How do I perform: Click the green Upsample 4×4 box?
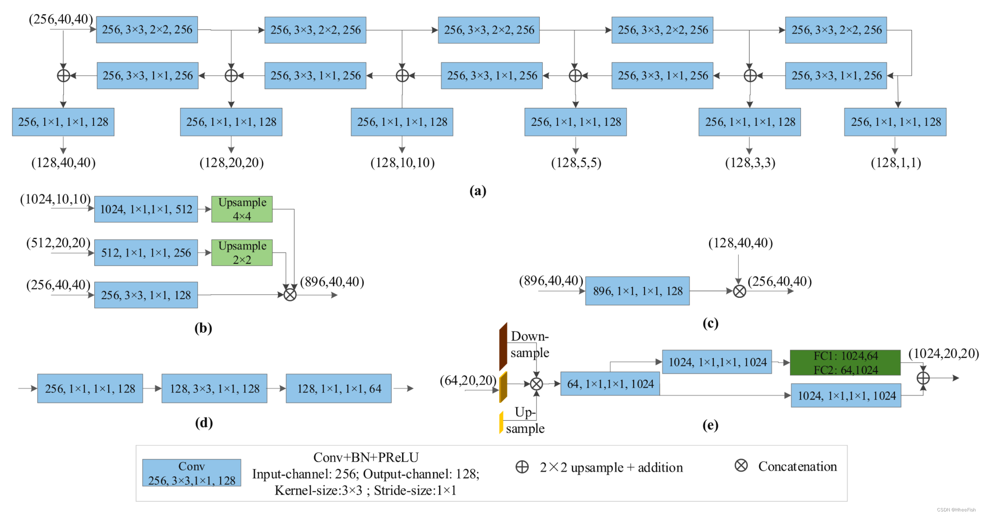coord(242,209)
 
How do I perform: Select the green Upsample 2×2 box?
coord(242,253)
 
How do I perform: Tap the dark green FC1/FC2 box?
coord(845,362)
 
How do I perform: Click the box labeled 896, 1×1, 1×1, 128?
coord(637,291)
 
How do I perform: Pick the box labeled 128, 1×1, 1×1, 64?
coord(338,388)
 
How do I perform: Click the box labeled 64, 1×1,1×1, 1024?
coord(610,384)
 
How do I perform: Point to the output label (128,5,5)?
coord(576,163)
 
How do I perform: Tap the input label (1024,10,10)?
coord(55,199)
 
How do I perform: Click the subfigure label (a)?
coord(478,190)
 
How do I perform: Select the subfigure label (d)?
coord(204,422)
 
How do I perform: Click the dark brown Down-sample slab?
coord(503,347)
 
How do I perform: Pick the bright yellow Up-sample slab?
coord(501,422)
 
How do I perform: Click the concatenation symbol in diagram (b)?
coord(290,295)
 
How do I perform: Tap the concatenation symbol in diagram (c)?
coord(739,291)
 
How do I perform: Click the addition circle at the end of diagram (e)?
coord(922,378)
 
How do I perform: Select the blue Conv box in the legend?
coord(192,473)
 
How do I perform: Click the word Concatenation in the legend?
coord(797,466)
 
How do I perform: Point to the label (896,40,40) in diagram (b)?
coord(332,282)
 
